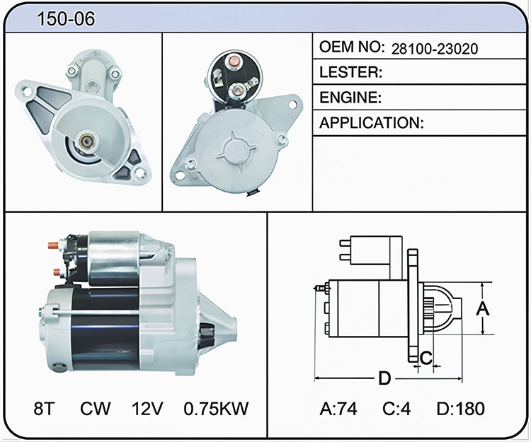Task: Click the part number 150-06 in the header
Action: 66,18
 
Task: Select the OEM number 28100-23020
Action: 435,49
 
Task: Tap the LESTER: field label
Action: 351,72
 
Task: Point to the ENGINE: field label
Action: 350,98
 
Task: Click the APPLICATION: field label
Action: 372,123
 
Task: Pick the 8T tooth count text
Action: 44,409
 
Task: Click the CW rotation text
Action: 95,409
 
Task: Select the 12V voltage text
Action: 147,409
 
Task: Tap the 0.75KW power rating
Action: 216,409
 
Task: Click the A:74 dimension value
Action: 338,409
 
